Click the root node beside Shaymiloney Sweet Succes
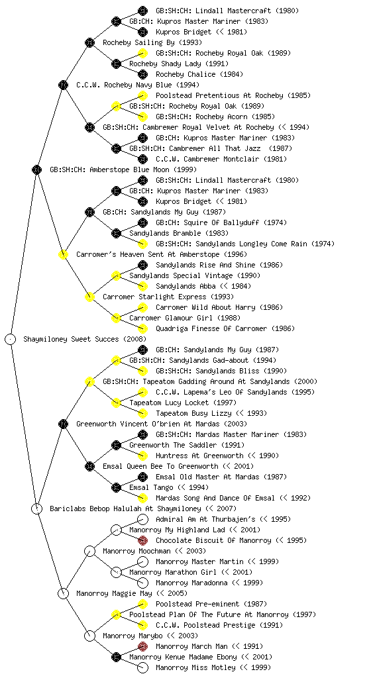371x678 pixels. coord(11,339)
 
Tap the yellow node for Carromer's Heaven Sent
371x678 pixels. coord(63,254)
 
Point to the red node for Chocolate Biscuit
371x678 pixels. coord(142,540)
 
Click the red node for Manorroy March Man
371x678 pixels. coord(142,646)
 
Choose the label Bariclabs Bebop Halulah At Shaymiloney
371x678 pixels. coord(125,508)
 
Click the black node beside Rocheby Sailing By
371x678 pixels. coord(89,42)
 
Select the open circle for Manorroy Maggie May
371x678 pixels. coord(63,593)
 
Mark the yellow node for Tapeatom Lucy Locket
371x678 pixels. coord(116,403)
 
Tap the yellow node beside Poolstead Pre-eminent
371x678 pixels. coord(142,604)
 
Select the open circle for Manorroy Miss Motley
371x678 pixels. coord(142,667)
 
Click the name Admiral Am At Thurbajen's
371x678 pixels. coord(205,519)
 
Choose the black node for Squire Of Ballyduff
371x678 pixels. coord(142,222)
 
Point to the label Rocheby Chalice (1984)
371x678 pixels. coord(199,74)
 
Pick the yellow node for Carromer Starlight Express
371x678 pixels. coord(89,297)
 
